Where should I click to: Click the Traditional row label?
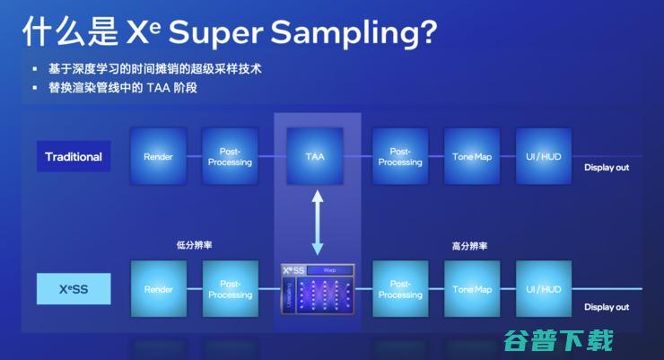[74, 156]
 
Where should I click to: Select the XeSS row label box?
[74, 289]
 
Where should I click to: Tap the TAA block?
[315, 156]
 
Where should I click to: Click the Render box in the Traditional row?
[159, 156]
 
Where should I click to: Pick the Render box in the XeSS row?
[159, 289]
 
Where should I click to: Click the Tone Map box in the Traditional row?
[472, 156]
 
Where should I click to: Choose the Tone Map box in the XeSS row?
[472, 289]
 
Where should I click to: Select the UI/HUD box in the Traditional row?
[543, 156]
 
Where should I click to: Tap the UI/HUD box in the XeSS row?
[543, 289]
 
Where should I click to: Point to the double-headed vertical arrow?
[315, 222]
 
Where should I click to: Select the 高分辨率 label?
[470, 244]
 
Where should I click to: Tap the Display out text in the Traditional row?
[607, 168]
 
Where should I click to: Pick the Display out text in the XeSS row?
[607, 307]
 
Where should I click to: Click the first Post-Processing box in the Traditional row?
[231, 156]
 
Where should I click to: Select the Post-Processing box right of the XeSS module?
[400, 289]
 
